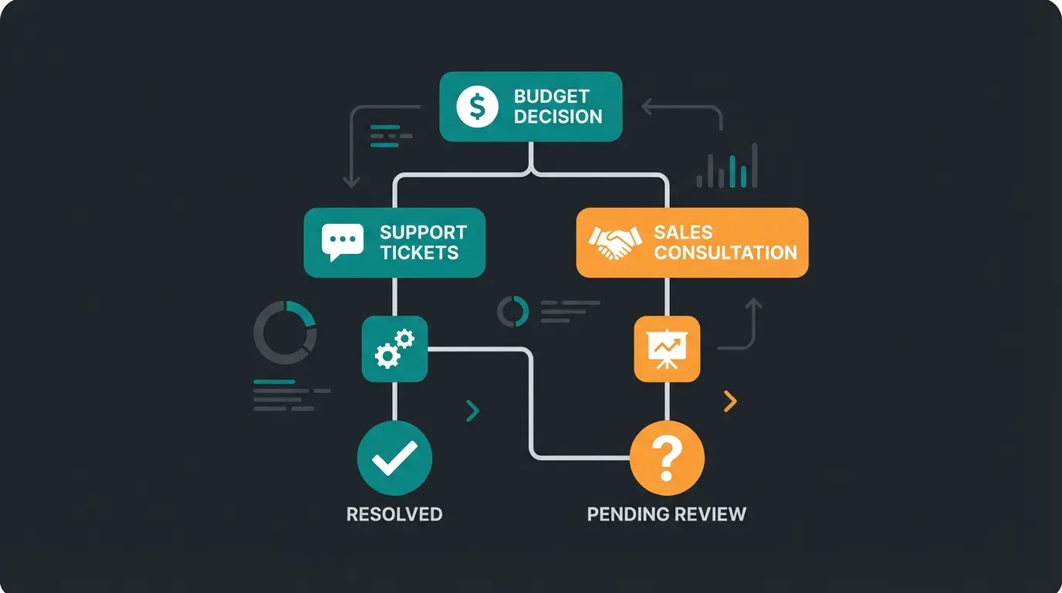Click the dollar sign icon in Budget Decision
coord(477,107)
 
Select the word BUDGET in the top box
coord(551,97)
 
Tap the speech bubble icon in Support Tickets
coord(342,242)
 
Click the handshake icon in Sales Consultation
coord(615,242)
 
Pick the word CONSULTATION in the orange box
coord(725,253)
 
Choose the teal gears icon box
coord(394,348)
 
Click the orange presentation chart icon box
coord(667,348)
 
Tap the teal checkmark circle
coord(394,459)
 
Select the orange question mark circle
coord(667,459)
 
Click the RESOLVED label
coord(394,514)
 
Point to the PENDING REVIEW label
coord(667,514)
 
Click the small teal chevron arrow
coord(473,411)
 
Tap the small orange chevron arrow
coord(730,401)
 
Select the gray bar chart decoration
coord(727,168)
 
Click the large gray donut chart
coord(285,332)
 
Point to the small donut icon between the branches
coord(513,311)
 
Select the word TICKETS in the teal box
coord(419,253)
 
